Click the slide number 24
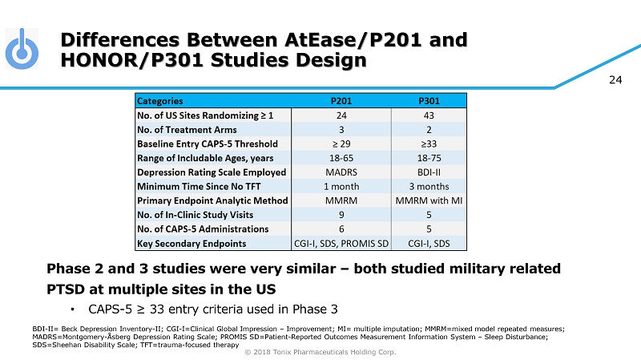pos(615,79)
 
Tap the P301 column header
pos(429,101)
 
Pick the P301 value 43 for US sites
pos(429,115)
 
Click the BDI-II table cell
pos(429,172)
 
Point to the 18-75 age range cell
pos(429,158)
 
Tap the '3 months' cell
pos(429,186)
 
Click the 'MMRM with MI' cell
pos(429,200)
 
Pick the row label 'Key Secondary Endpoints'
pos(191,243)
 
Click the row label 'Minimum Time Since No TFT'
pos(197,186)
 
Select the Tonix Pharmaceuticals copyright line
pos(320,351)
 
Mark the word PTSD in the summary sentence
pos(67,287)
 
